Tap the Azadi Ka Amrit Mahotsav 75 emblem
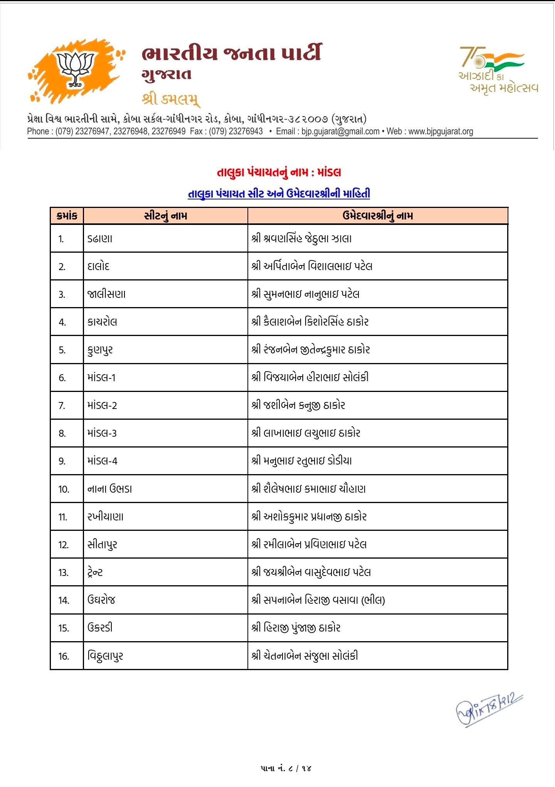tap(497, 69)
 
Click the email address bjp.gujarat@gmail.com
tap(340, 131)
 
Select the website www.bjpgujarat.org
tap(441, 131)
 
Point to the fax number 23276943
tap(246, 131)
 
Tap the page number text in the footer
tap(286, 768)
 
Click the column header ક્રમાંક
tap(67, 216)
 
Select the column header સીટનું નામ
tap(165, 216)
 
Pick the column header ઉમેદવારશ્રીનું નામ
tap(377, 216)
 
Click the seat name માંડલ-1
tap(101, 377)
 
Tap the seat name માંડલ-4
tap(102, 461)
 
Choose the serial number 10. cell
tap(64, 489)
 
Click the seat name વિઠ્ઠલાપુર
tap(105, 656)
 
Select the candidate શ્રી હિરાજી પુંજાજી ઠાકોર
tap(296, 628)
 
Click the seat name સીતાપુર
tap(102, 545)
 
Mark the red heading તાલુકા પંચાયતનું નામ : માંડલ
tap(279, 172)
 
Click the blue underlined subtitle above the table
tap(279, 194)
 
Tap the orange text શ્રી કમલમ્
tap(171, 99)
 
